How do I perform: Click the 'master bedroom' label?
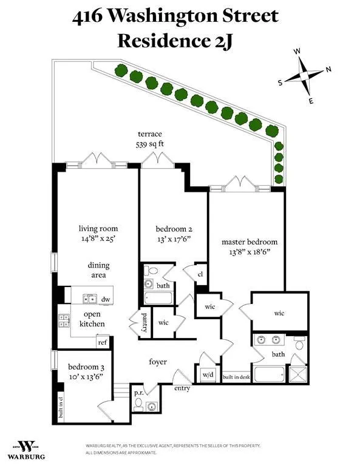pyautogui.click(x=250, y=241)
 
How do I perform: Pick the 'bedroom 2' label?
pyautogui.click(x=174, y=229)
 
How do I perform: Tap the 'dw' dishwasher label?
pyautogui.click(x=105, y=299)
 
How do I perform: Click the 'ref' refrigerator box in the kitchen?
pyautogui.click(x=102, y=342)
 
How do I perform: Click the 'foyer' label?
pyautogui.click(x=157, y=362)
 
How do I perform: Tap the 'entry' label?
pyautogui.click(x=182, y=388)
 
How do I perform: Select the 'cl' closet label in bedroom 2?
pyautogui.click(x=200, y=274)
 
